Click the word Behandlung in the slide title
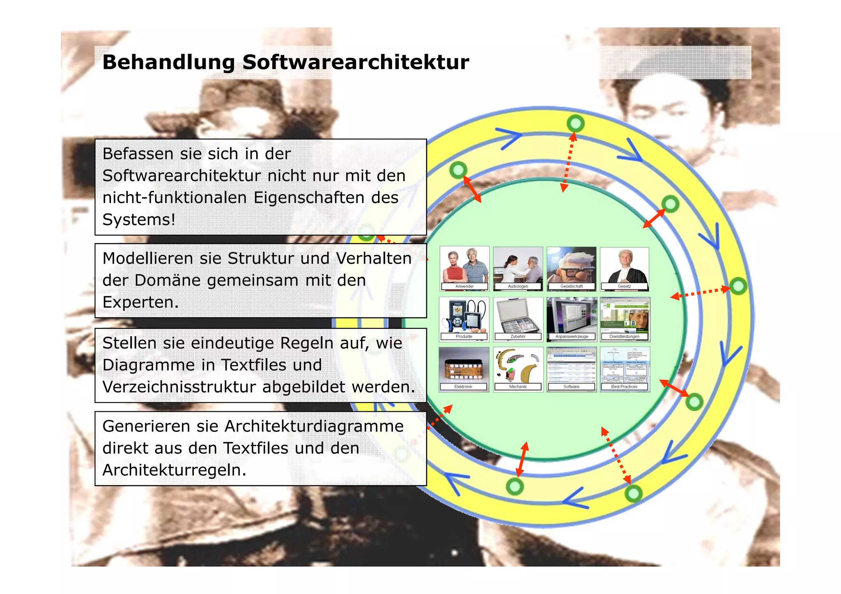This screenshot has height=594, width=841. pyautogui.click(x=168, y=62)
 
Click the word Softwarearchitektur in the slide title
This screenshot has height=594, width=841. pyautogui.click(x=356, y=62)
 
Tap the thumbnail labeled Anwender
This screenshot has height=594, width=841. pyautogui.click(x=464, y=268)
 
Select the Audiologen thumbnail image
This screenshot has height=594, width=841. pyautogui.click(x=518, y=268)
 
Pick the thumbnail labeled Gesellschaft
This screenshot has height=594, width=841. pyautogui.click(x=571, y=268)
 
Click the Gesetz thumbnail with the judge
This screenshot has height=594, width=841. pyautogui.click(x=625, y=268)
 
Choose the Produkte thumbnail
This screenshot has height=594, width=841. pyautogui.click(x=464, y=319)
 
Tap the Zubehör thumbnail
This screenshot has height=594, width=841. pyautogui.click(x=518, y=319)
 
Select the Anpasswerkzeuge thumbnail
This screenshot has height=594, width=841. pyautogui.click(x=572, y=319)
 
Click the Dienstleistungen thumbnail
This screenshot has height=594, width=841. pyautogui.click(x=625, y=319)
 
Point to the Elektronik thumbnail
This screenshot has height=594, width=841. pyautogui.click(x=464, y=369)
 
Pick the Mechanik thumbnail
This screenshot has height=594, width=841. pyautogui.click(x=518, y=369)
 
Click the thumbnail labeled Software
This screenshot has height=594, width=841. pyautogui.click(x=571, y=369)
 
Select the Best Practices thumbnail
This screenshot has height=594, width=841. pyautogui.click(x=625, y=369)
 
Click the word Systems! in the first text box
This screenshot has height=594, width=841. pyautogui.click(x=139, y=220)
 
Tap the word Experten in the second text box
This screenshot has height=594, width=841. pyautogui.click(x=140, y=302)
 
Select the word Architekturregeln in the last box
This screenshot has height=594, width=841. pyautogui.click(x=174, y=470)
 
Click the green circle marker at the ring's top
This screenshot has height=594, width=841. pyautogui.click(x=575, y=123)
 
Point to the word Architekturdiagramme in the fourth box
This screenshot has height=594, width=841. pyautogui.click(x=314, y=426)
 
